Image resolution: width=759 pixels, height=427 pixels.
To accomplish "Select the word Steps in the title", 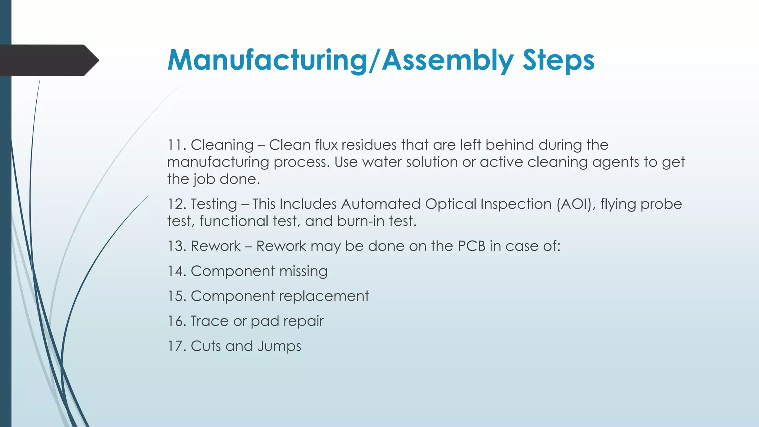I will click(x=558, y=60).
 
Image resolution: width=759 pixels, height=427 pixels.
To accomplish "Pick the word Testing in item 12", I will click(x=214, y=204).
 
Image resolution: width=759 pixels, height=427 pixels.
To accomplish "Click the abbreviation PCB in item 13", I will click(x=471, y=246).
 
